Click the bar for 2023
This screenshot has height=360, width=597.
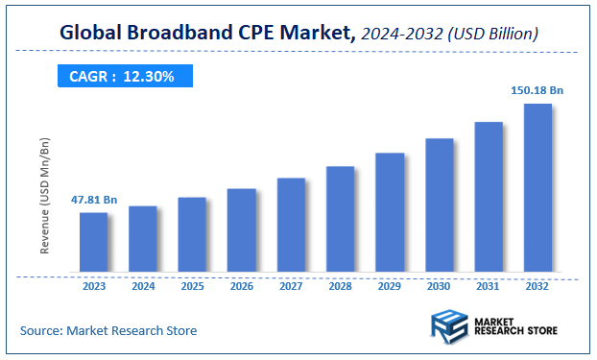click(x=93, y=242)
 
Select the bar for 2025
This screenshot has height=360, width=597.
click(x=192, y=234)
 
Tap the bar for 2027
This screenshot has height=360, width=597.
click(x=291, y=225)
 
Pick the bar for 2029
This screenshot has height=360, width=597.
click(x=390, y=212)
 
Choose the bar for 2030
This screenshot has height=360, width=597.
click(x=440, y=204)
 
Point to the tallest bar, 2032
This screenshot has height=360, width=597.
click(x=537, y=187)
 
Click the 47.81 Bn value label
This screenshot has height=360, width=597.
click(x=93, y=201)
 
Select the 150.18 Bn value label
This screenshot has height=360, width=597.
click(x=537, y=90)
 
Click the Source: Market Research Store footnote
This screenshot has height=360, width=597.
click(x=108, y=330)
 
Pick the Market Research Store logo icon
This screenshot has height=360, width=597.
click(x=449, y=326)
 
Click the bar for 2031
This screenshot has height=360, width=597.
click(x=489, y=197)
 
